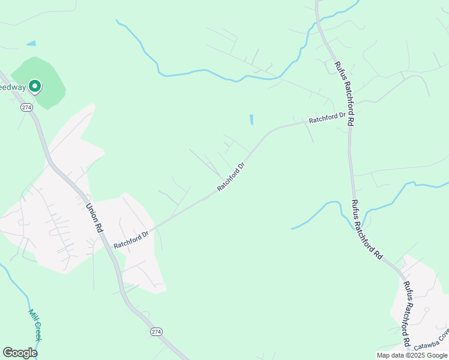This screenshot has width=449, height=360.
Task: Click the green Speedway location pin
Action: pos(35,86)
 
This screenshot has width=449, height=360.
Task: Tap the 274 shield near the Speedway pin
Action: pos(26,107)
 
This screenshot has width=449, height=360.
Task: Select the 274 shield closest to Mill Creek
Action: pos(156,332)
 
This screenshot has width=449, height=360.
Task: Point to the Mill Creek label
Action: pos(35,325)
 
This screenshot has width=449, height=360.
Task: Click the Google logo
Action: pos(20,353)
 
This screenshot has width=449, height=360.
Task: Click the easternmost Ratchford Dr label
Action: pos(327,118)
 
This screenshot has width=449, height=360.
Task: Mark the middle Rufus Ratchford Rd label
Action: pos(366,229)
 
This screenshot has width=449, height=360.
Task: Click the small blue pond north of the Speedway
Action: pos(31,43)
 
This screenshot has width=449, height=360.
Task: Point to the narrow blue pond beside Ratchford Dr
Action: pos(251,119)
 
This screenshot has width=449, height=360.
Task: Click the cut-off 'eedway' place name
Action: pos(11,87)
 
